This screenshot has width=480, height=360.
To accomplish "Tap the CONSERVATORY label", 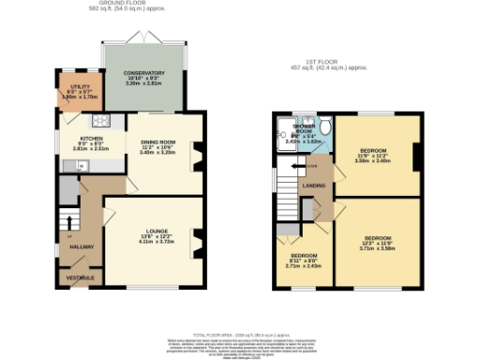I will [145, 73].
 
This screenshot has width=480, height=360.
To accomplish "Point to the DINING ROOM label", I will [157, 142].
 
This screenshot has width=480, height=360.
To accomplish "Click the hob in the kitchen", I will [99, 120].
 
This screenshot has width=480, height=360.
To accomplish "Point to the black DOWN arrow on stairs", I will [296, 166].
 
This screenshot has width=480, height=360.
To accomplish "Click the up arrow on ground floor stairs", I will [68, 222].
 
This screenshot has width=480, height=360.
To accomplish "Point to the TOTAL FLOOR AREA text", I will [239, 334].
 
